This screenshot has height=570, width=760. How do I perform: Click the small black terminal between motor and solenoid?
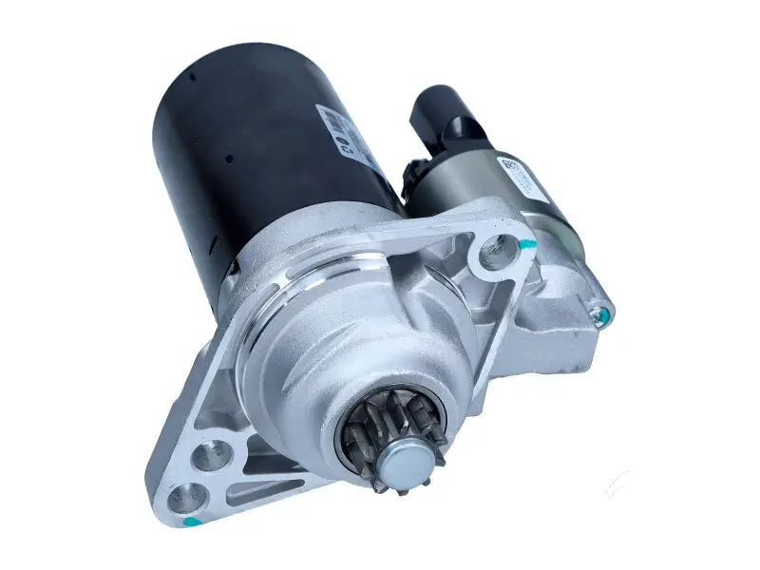point(410,176)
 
